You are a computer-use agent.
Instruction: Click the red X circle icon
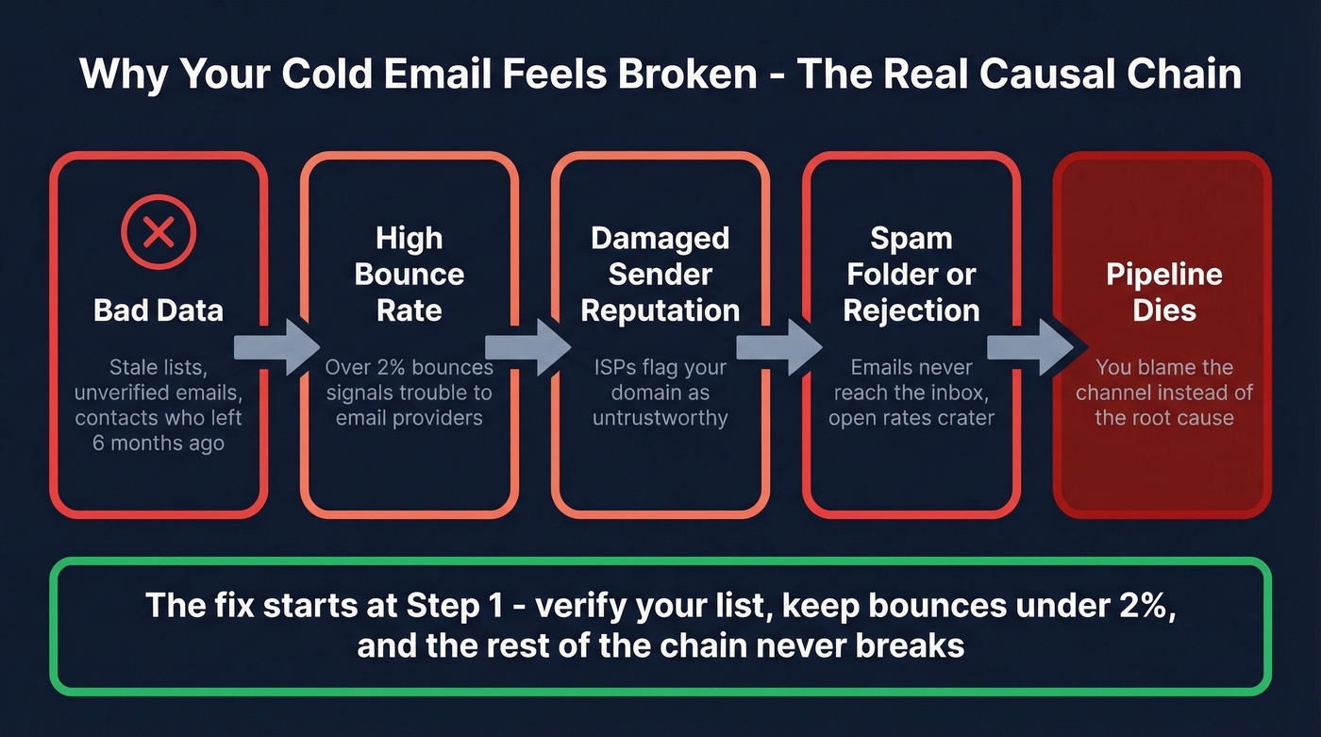click(x=159, y=233)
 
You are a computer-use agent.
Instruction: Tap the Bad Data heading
click(x=159, y=310)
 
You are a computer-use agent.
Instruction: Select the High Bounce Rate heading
click(x=409, y=274)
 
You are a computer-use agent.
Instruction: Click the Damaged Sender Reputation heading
click(x=660, y=274)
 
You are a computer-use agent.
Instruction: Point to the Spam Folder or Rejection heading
click(x=911, y=274)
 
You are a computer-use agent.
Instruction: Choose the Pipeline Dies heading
click(x=1163, y=293)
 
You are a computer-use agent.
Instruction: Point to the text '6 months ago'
click(x=159, y=443)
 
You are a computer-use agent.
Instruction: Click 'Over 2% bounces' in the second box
click(x=408, y=367)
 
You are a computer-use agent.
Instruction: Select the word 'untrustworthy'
click(x=660, y=417)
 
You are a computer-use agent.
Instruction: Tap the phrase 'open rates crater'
click(x=911, y=417)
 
